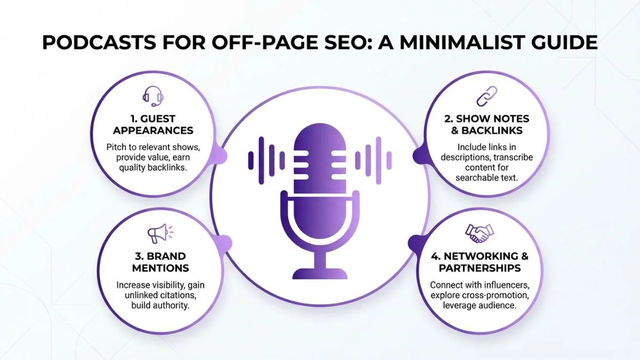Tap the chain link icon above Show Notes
pyautogui.click(x=486, y=97)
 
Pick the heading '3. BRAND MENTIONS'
pyautogui.click(x=159, y=262)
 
